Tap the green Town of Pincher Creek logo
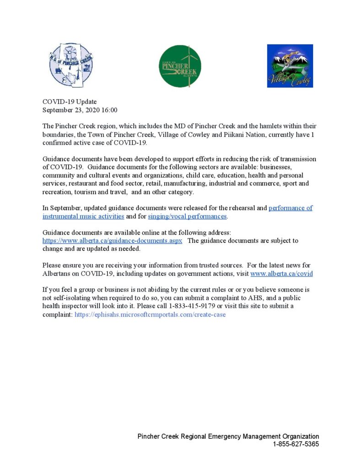pyautogui.click(x=180, y=66)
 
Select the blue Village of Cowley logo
pyautogui.click(x=290, y=65)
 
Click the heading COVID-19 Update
pyautogui.click(x=70, y=102)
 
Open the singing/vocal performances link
pyautogui.click(x=187, y=216)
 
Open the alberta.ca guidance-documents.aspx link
pyautogui.click(x=113, y=240)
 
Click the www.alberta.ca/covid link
pyautogui.click(x=281, y=273)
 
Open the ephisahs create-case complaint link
pyautogui.click(x=150, y=315)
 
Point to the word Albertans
pyautogui.click(x=58, y=273)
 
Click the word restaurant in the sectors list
pyautogui.click(x=84, y=184)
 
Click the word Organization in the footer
pyautogui.click(x=299, y=436)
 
